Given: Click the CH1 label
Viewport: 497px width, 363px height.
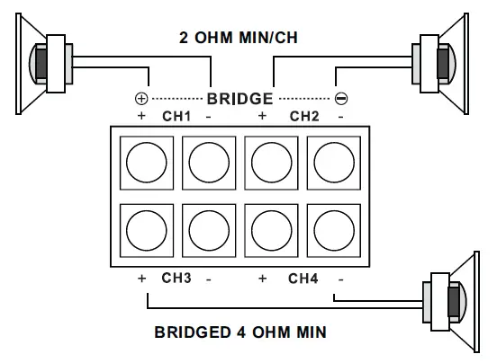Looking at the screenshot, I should [176, 116].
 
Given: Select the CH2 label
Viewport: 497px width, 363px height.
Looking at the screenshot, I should [304, 116].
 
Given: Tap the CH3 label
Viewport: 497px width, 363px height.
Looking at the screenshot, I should [176, 279].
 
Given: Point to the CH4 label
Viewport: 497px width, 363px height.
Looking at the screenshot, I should [304, 279].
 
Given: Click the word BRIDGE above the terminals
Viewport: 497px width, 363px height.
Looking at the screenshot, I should [240, 97].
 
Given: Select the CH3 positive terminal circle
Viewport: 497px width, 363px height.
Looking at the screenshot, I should [146, 231].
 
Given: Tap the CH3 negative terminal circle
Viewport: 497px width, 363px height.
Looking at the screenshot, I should [208, 231].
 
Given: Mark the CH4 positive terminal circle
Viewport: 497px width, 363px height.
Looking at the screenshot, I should [271, 231].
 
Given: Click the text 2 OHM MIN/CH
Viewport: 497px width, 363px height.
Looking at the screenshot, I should [241, 39].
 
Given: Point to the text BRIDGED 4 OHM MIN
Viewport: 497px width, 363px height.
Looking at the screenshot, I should [240, 332].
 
